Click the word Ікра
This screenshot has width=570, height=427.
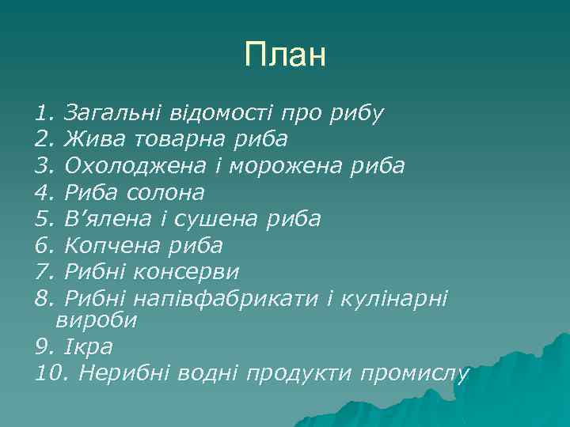pos(89,346)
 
